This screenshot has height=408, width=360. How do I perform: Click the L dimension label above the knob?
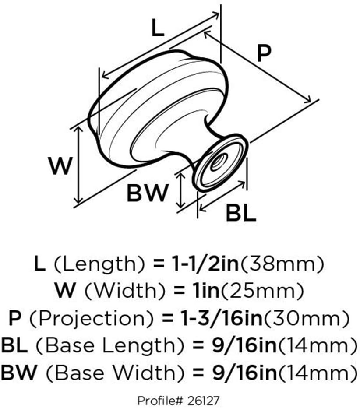tap(158, 28)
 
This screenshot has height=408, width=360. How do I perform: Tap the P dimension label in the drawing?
tap(264, 53)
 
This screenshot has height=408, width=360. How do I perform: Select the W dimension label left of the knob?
tap(60, 166)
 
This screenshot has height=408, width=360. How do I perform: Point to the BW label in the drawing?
tap(147, 193)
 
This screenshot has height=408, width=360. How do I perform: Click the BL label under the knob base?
tap(241, 213)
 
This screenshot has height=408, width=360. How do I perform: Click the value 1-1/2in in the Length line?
tap(205, 263)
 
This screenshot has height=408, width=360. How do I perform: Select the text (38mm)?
tap(282, 264)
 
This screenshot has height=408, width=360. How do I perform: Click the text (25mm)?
tap(262, 291)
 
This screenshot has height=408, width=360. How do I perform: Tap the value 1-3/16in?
tap(221, 318)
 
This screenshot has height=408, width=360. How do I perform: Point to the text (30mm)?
tap(307, 318)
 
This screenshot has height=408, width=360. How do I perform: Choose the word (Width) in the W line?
tap(125, 291)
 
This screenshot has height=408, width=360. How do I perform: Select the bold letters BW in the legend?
tap(19, 373)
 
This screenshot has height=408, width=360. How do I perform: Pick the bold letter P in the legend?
tap(15, 318)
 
